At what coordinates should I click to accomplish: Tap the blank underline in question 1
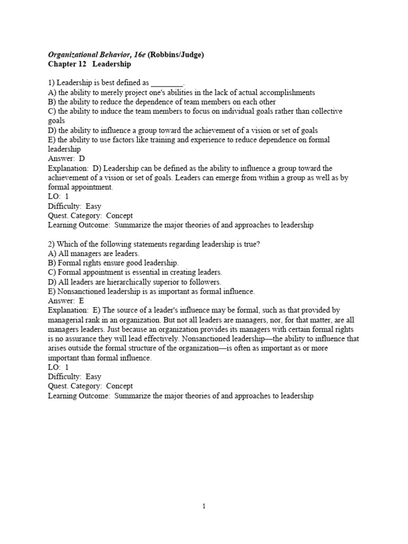[167, 83]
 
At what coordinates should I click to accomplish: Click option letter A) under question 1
[52, 92]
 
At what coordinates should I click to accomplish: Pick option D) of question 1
[52, 130]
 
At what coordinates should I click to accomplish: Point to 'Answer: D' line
[66, 158]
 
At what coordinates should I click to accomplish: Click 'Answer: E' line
[66, 301]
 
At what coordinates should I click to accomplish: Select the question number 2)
[52, 244]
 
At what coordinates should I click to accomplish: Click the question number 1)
[52, 83]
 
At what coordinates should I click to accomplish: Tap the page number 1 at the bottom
[203, 506]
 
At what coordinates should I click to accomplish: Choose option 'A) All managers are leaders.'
[93, 253]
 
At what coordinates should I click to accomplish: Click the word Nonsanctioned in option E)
[83, 291]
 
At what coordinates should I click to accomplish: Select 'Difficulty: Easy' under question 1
[74, 206]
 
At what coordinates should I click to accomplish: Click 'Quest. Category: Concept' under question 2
[90, 386]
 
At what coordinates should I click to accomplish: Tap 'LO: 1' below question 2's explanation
[58, 367]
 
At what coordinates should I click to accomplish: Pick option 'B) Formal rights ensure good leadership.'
[113, 263]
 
